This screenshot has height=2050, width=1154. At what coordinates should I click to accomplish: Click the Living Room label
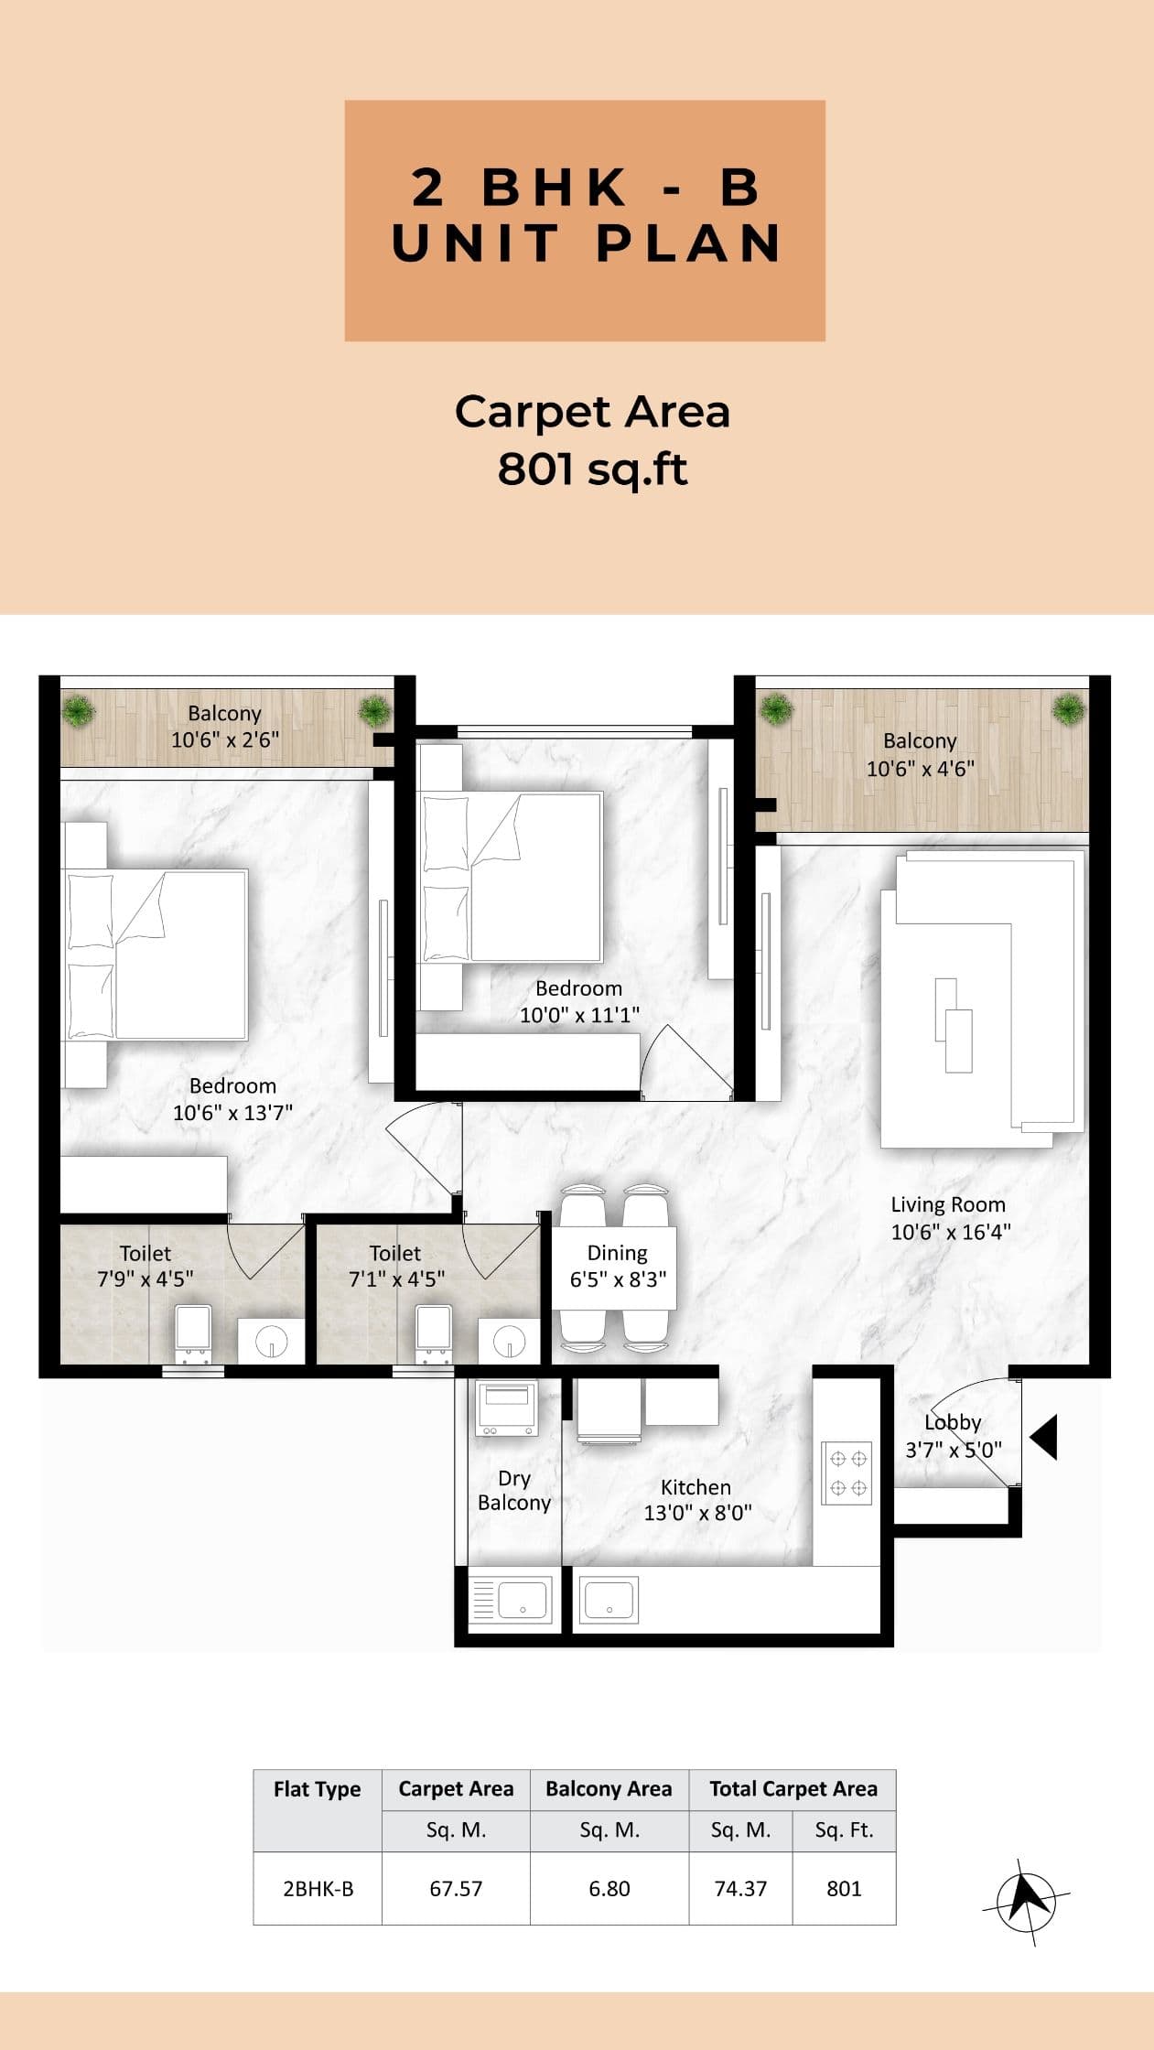948,1204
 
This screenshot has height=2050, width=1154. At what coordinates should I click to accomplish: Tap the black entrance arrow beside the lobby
1044,1437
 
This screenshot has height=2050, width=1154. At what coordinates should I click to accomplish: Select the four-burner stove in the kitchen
847,1473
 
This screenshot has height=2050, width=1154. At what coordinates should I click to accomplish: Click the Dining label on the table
617,1253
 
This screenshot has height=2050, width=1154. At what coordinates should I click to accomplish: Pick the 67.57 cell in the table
456,1888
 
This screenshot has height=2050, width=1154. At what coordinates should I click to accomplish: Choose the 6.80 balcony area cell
609,1888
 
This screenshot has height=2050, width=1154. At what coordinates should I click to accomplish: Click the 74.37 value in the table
740,1888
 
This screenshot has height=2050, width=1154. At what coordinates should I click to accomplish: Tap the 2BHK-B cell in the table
318,1888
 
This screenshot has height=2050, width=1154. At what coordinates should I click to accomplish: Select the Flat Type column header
317,1788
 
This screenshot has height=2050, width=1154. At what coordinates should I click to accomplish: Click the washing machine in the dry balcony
506,1408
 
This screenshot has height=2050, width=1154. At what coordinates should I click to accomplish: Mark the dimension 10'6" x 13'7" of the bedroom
232,1113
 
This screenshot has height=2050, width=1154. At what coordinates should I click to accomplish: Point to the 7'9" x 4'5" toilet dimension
145,1279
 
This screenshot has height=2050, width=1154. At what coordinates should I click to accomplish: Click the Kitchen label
696,1487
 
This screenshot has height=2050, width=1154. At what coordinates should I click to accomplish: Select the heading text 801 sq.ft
592,469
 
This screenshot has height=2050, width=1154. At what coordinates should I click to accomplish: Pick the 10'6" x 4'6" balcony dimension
920,769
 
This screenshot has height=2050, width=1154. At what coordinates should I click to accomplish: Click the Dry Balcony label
514,1490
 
